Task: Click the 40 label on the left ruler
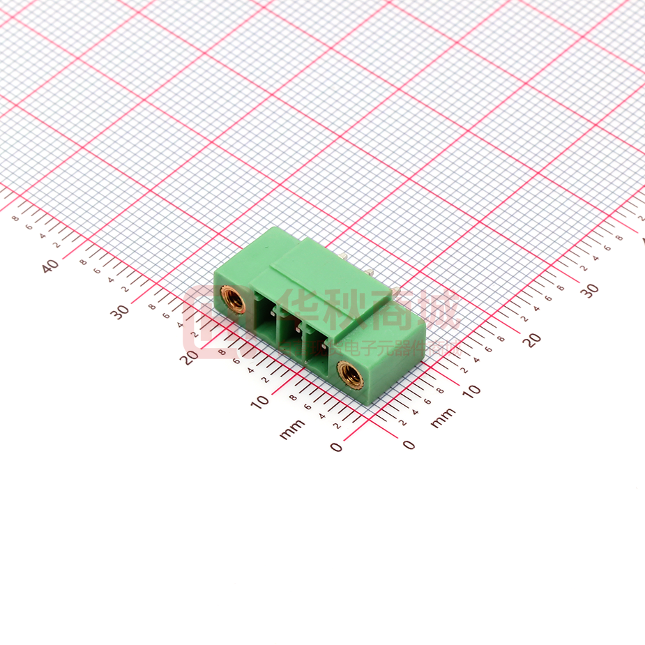pyautogui.click(x=50, y=266)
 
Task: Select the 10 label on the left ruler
pyautogui.click(x=260, y=401)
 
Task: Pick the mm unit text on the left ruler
pyautogui.click(x=292, y=429)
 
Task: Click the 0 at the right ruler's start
pyautogui.click(x=409, y=445)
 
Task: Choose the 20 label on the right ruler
pyautogui.click(x=532, y=340)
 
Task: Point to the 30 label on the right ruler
pyautogui.click(x=590, y=290)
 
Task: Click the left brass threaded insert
pyautogui.click(x=234, y=300)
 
